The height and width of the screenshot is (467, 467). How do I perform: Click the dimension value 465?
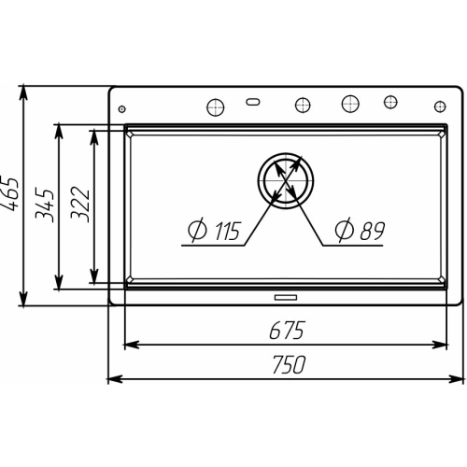click(x=9, y=194)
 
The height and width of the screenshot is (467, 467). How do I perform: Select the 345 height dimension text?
click(x=45, y=205)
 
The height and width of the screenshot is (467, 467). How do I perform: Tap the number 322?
click(x=80, y=204)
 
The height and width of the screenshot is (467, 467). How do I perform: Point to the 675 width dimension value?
click(x=286, y=331)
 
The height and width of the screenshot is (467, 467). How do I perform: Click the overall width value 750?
click(x=290, y=364)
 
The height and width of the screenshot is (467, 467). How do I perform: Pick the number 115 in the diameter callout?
click(x=228, y=231)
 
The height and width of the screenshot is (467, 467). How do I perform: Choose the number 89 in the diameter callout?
click(x=373, y=231)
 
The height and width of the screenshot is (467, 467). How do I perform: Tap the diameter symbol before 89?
click(x=345, y=230)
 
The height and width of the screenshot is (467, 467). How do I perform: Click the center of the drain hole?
click(x=286, y=180)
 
